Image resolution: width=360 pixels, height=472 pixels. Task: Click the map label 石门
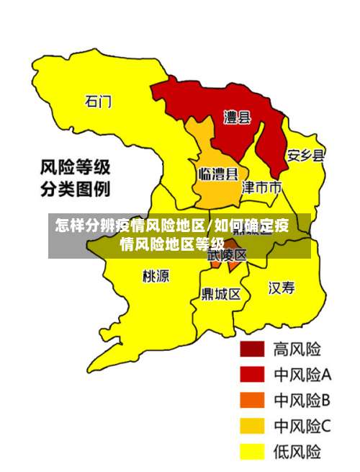pyautogui.click(x=99, y=102)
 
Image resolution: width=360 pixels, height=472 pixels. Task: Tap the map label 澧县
pyautogui.click(x=237, y=117)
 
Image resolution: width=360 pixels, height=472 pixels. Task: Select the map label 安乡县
pyautogui.click(x=305, y=155)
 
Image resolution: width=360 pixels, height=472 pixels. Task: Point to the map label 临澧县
pyautogui.click(x=217, y=174)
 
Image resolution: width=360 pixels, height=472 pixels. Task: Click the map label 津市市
pyautogui.click(x=261, y=187)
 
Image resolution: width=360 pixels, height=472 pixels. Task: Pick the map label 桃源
pyautogui.click(x=156, y=275)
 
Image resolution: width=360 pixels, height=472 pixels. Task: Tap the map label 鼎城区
pyautogui.click(x=221, y=293)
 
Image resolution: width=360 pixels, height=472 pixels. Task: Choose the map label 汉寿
pyautogui.click(x=282, y=288)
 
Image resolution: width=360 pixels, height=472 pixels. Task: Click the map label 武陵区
pyautogui.click(x=228, y=254)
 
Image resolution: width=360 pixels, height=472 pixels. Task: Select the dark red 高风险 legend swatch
pyautogui.click(x=252, y=349)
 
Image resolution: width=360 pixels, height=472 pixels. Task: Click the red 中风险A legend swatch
pyautogui.click(x=252, y=375)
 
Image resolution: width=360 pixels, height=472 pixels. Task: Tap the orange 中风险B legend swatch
pyautogui.click(x=252, y=401)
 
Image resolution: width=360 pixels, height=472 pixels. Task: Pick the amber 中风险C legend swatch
pyautogui.click(x=252, y=427)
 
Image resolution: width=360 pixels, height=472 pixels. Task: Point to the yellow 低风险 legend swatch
pyautogui.click(x=252, y=452)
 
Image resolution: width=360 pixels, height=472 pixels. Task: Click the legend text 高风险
pyautogui.click(x=296, y=349)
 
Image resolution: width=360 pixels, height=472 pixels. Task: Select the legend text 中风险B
pyautogui.click(x=302, y=401)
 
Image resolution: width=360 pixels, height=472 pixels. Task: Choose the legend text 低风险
pyautogui.click(x=296, y=452)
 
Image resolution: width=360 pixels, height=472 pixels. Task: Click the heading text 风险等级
pyautogui.click(x=75, y=168)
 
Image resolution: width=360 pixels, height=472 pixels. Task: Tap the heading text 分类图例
pyautogui.click(x=75, y=190)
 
